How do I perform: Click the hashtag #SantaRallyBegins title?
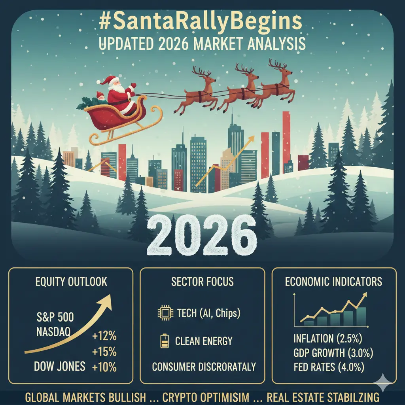coord(201,22)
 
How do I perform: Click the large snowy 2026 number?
coord(202,235)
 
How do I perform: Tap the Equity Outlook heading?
coord(71,282)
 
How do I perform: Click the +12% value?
coord(104,336)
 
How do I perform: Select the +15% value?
coord(104,352)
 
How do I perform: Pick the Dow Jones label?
coord(60,367)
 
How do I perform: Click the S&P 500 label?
coord(55,317)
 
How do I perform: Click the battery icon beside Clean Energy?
coord(165,341)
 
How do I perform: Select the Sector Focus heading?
coord(202,282)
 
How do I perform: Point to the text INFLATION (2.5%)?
coord(328,339)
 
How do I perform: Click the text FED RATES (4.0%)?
coord(329,367)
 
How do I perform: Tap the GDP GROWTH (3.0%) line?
coord(333,353)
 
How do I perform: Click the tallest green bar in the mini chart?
coord(361,316)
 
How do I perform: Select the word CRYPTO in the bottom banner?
coord(183,397)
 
